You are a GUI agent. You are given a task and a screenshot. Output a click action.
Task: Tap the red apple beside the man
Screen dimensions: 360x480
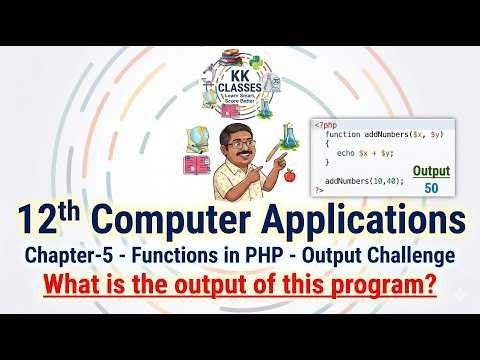(x=290, y=176)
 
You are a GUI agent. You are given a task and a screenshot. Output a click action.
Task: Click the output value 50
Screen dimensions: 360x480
(x=431, y=187)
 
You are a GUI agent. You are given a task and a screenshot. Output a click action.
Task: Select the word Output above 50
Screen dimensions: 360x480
(x=431, y=169)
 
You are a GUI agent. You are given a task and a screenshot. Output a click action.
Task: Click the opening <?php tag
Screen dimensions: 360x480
(x=325, y=126)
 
